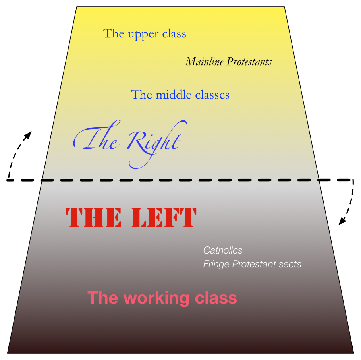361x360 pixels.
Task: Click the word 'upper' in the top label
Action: [x=142, y=35]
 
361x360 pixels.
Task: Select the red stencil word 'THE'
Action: [x=94, y=218]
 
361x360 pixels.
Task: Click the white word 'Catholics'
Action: [x=222, y=250]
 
